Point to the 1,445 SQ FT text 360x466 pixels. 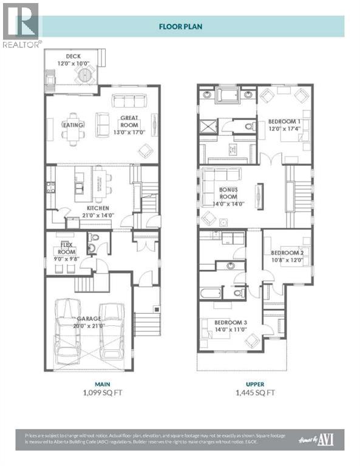[x=254, y=393]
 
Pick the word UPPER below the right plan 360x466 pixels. [x=254, y=383]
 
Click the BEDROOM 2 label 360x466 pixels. [x=287, y=256]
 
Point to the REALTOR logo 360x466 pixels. [x=22, y=25]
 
